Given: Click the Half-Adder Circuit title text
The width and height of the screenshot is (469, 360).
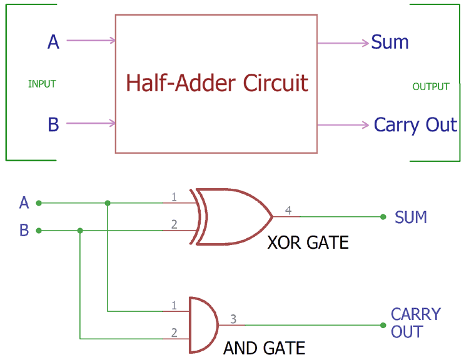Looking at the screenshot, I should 217,82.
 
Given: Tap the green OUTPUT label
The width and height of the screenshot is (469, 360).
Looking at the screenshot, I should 431,86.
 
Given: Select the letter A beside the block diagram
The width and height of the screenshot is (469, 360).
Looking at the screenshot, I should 54,42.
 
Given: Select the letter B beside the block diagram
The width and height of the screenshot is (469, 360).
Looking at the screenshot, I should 54,124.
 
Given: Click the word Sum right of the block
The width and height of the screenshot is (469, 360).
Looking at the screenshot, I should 390,42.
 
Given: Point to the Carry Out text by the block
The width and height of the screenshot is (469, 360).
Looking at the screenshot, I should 415,124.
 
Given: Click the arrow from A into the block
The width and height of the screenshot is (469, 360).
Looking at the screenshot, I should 91,41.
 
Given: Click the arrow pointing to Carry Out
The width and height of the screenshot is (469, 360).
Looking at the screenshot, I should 343,125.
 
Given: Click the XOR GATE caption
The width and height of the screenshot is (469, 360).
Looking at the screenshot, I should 308,242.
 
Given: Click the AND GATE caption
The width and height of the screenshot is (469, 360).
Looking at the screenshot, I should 264,348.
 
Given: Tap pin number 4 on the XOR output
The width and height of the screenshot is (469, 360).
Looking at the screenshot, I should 288,211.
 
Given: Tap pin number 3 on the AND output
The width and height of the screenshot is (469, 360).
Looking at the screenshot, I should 233,319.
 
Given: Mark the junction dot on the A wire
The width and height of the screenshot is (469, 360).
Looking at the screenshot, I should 108,203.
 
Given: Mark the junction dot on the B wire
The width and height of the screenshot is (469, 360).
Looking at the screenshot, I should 80,231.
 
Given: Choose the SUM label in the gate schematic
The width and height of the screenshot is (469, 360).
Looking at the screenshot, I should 411,217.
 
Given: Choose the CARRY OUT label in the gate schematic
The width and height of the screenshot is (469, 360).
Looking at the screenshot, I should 416,322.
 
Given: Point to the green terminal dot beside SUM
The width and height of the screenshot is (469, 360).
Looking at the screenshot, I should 383,217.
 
